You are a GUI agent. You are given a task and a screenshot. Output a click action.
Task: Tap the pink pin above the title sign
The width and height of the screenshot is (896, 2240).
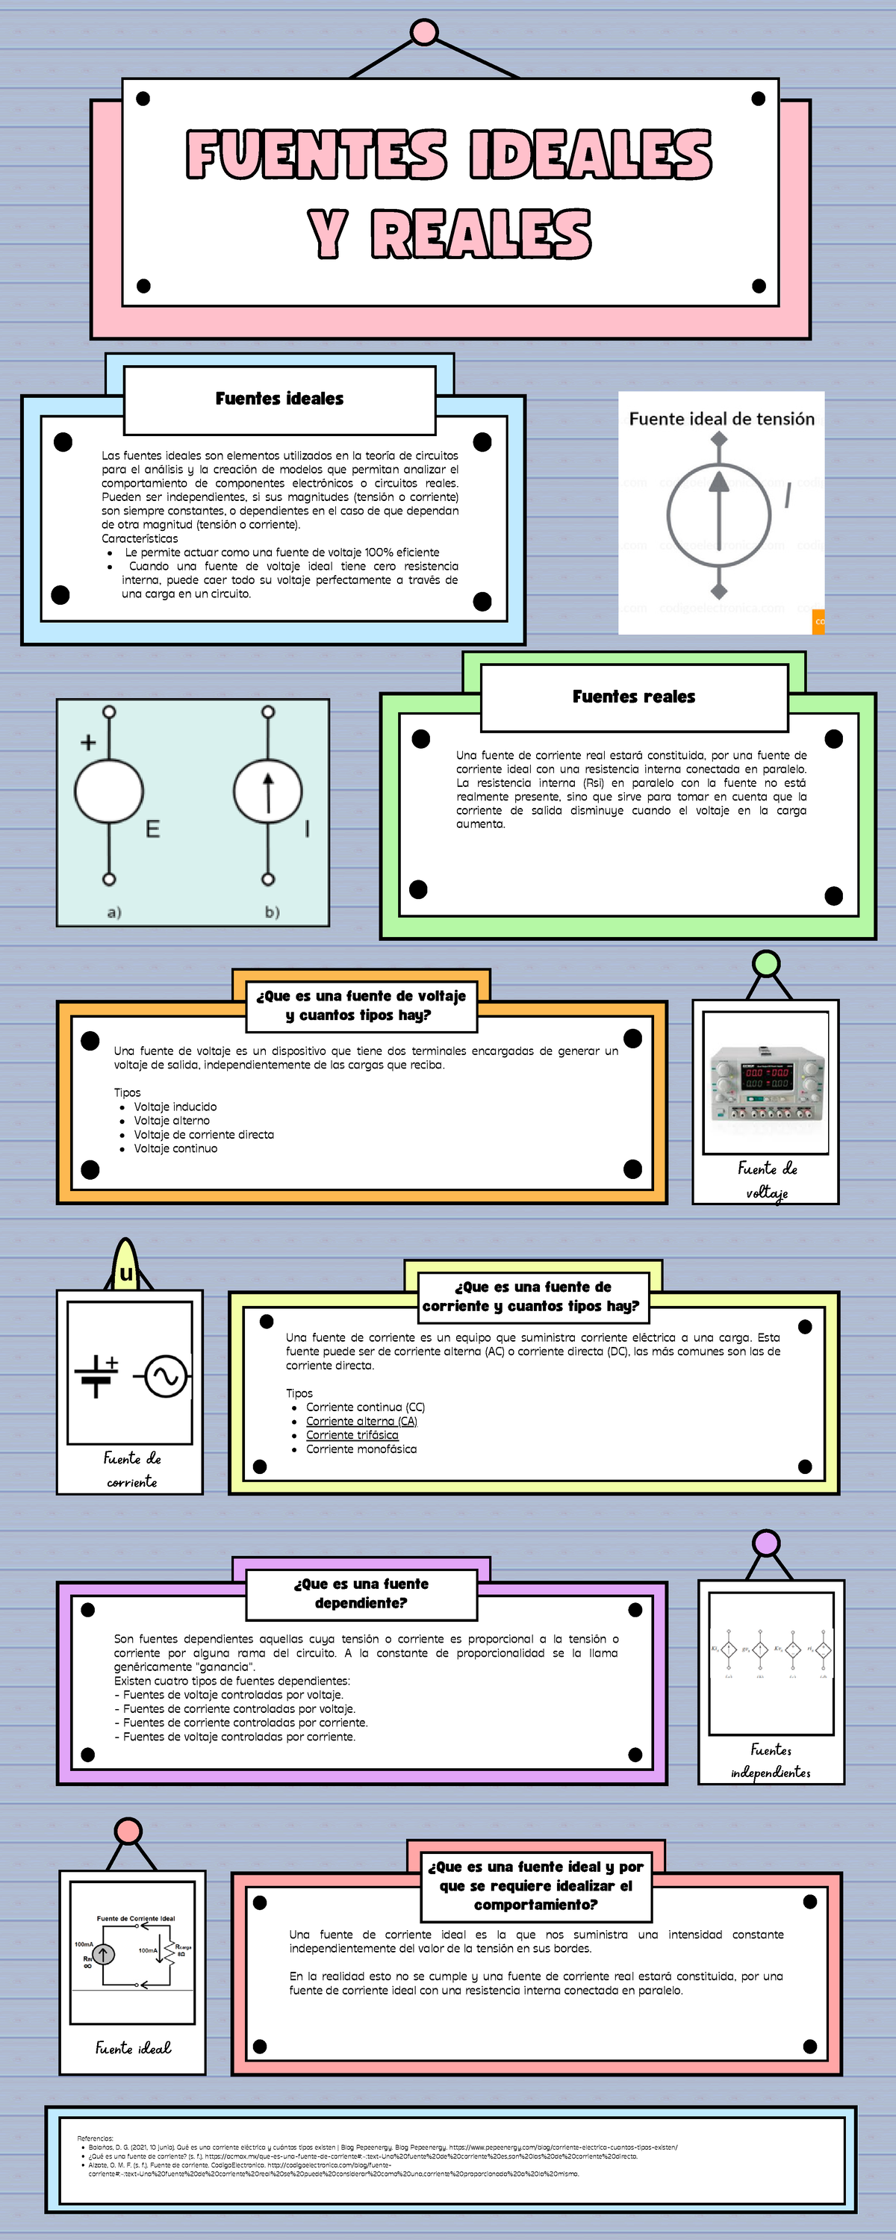pos(423,32)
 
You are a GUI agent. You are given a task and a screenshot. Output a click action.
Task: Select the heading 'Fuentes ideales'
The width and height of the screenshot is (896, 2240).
pos(279,398)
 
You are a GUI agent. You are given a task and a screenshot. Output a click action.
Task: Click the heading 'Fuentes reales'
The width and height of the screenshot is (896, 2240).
pos(633,697)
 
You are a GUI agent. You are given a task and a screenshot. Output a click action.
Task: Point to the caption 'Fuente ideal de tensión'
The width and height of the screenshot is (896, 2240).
pos(721,419)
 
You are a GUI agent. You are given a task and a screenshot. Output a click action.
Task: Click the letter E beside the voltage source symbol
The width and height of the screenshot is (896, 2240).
pos(152,829)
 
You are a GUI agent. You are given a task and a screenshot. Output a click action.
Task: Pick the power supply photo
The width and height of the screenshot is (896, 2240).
pos(765,1082)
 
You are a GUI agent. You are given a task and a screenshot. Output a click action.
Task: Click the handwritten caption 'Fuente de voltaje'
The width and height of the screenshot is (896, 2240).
pos(768,1180)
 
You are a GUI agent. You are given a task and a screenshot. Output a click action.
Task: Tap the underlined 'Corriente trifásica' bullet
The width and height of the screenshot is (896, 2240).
pos(352,1435)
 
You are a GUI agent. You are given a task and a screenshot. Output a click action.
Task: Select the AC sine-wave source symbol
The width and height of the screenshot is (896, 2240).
pos(165,1377)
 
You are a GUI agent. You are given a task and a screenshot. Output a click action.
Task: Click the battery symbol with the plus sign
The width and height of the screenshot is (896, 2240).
pos(96,1375)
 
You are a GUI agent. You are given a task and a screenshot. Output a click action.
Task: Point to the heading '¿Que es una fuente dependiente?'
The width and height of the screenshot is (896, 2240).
pos(361,1593)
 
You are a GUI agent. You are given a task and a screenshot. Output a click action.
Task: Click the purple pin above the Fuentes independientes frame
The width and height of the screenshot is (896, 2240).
pos(766,1544)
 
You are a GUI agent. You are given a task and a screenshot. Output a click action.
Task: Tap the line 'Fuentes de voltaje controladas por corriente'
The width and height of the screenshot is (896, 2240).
pos(238,1737)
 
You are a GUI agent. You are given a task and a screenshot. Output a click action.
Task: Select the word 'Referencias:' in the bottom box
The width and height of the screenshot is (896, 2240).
pos(95,2138)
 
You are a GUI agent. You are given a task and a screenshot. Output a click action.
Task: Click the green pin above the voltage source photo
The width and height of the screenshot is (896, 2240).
pos(766,963)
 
